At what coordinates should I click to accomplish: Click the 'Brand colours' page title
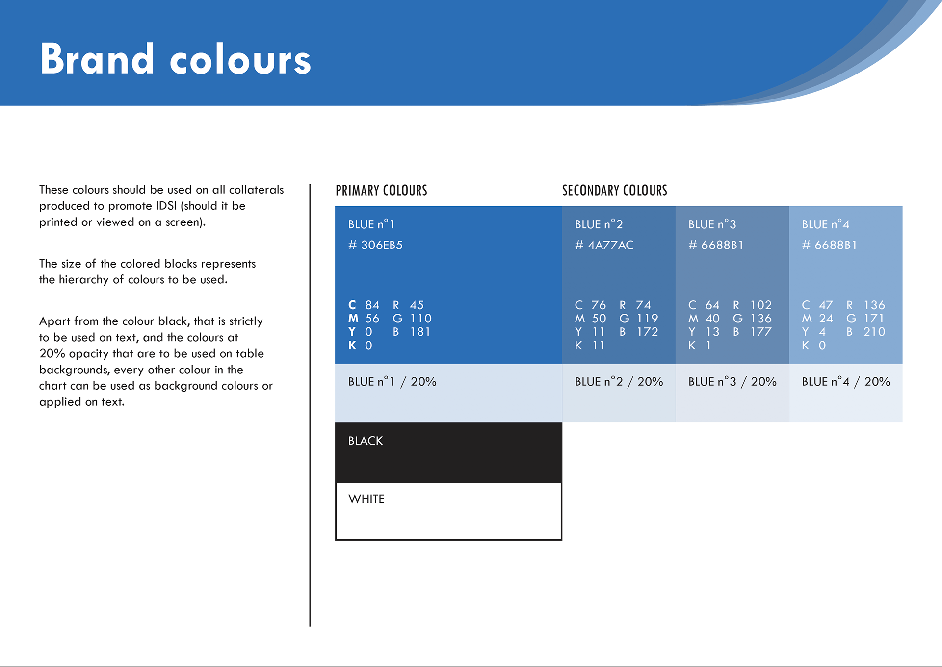pyautogui.click(x=175, y=59)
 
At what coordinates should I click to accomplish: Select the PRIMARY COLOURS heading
pyautogui.click(x=381, y=190)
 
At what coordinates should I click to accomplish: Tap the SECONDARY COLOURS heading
pyautogui.click(x=615, y=190)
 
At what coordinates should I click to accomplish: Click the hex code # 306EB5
pyautogui.click(x=375, y=245)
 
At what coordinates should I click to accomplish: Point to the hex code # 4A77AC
pyautogui.click(x=604, y=245)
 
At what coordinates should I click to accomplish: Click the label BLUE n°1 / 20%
pyautogui.click(x=392, y=381)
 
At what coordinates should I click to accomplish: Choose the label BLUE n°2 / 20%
pyautogui.click(x=619, y=381)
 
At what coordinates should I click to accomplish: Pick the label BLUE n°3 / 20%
pyautogui.click(x=732, y=381)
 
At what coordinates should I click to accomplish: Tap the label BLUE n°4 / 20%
pyautogui.click(x=846, y=381)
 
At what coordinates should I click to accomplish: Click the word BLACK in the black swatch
pyautogui.click(x=366, y=441)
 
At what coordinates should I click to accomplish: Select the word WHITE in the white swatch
pyautogui.click(x=366, y=499)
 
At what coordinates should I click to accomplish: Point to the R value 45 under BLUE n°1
pyautogui.click(x=417, y=305)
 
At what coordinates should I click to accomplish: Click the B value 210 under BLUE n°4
pyautogui.click(x=874, y=332)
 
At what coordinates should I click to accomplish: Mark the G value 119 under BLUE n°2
pyautogui.click(x=648, y=319)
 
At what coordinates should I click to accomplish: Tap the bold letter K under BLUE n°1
pyautogui.click(x=352, y=346)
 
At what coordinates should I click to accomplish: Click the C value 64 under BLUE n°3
pyautogui.click(x=712, y=305)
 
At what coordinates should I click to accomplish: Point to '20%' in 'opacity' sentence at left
pyautogui.click(x=52, y=353)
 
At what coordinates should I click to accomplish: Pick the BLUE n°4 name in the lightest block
pyautogui.click(x=826, y=224)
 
